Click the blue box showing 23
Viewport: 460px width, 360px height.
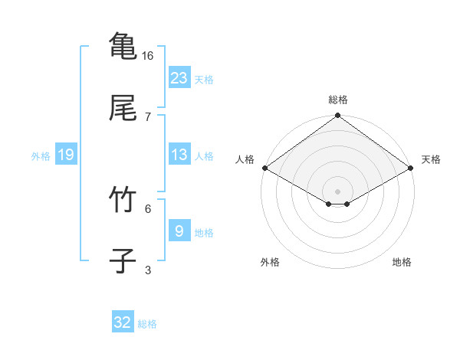click(179, 78)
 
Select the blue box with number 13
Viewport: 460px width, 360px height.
click(179, 155)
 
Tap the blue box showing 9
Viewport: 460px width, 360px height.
click(179, 231)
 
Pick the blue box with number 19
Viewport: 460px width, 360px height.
click(66, 155)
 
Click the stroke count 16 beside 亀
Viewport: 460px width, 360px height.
click(148, 56)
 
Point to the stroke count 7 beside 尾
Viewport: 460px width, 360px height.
click(148, 117)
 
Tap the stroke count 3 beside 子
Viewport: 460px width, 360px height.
click(148, 270)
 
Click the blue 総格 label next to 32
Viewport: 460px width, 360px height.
click(147, 324)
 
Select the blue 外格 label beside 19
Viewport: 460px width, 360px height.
click(41, 155)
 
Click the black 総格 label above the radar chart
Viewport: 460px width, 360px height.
click(338, 100)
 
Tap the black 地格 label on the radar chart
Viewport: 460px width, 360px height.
click(402, 262)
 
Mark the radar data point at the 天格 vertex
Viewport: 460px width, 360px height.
click(412, 168)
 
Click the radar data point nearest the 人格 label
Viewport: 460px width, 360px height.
click(264, 168)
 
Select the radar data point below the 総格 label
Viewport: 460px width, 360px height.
click(338, 116)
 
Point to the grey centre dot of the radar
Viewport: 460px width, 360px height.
click(338, 190)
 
